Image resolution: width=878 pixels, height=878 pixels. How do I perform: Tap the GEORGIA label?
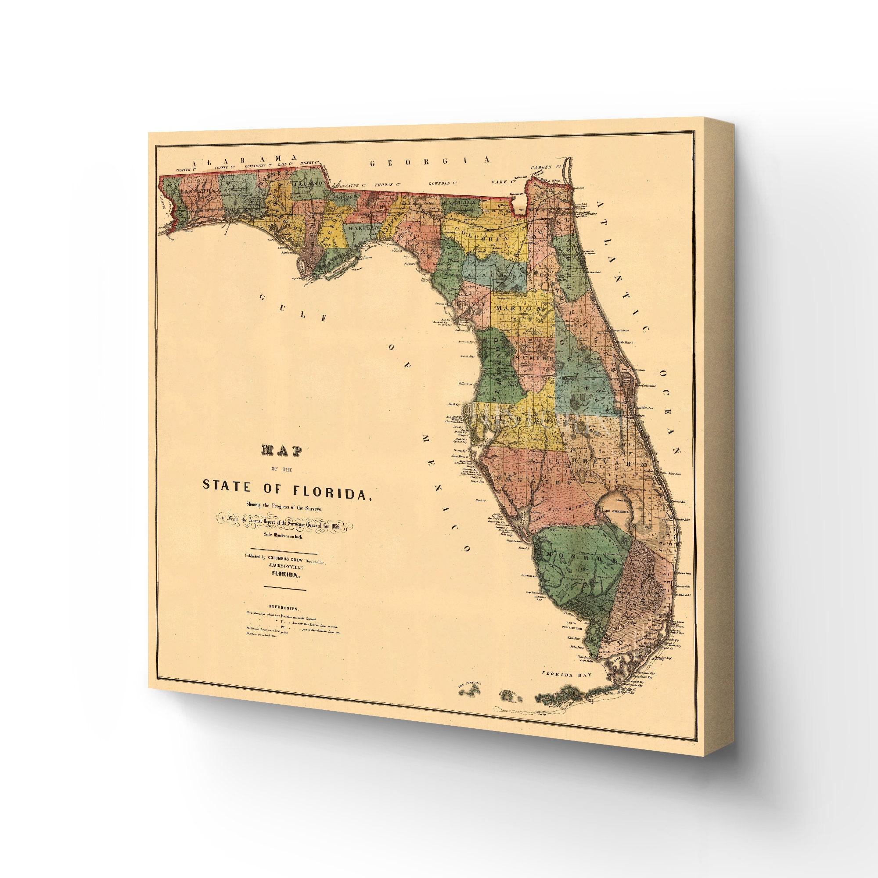click(x=430, y=161)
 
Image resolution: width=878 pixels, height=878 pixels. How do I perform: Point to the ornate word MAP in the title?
click(x=282, y=450)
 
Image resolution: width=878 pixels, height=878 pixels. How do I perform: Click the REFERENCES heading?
click(x=283, y=608)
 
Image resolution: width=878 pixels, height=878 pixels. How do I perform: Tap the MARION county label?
click(x=518, y=308)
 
